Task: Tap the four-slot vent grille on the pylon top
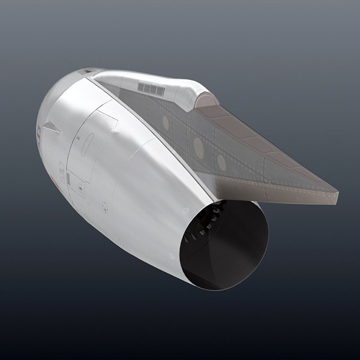(x=151, y=88)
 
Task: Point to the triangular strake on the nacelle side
(x=51, y=127)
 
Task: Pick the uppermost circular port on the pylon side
(x=166, y=122)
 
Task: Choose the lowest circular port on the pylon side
(x=221, y=162)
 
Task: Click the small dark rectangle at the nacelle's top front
(x=87, y=72)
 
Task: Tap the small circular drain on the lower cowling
(x=105, y=208)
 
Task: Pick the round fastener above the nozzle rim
(x=186, y=211)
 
